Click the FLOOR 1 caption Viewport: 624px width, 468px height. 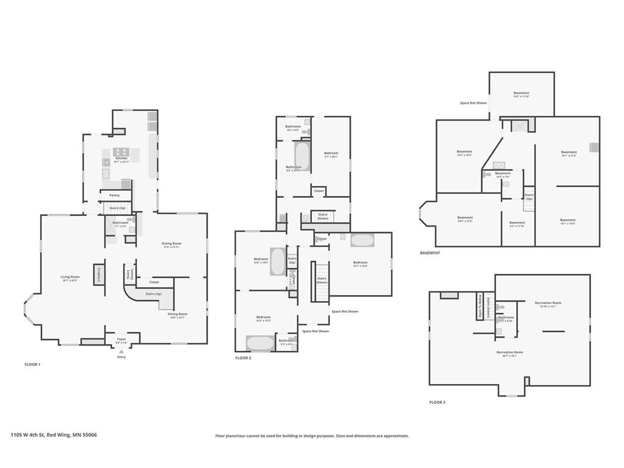32,364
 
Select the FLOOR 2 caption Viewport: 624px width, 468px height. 243,358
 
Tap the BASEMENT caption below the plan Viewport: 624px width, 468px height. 430,253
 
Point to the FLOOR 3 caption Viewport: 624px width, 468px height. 437,402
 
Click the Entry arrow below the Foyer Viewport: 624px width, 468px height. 121,352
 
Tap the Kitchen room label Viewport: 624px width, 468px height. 121,158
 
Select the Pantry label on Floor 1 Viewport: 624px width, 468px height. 115,196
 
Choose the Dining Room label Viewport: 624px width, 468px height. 171,244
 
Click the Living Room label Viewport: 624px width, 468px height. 71,277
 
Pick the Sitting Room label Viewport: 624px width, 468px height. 177,314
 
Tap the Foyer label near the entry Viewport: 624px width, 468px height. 122,339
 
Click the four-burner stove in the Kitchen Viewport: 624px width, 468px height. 121,152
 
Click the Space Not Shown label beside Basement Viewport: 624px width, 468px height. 473,103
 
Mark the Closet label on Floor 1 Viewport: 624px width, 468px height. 154,282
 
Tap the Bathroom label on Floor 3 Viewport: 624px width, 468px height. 506,318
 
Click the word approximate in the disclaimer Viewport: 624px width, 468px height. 394,436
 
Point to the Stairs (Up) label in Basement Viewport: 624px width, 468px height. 529,197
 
